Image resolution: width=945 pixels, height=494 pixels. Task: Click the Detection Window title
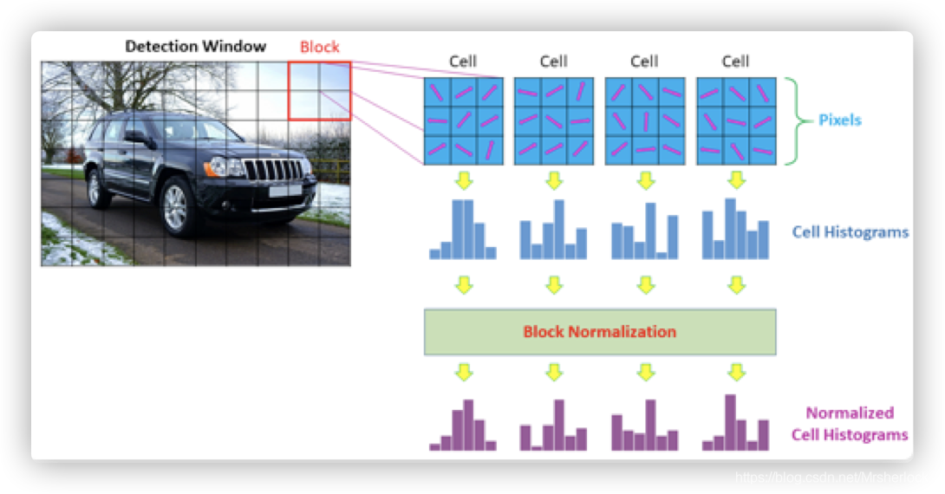coord(196,46)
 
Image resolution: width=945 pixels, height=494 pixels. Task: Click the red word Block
coord(320,47)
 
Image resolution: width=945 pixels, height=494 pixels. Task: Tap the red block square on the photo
coord(319,90)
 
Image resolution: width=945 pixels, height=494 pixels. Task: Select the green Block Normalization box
coord(599,332)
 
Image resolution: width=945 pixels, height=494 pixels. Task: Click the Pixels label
coord(840,120)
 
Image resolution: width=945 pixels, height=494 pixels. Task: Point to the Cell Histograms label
coord(850,232)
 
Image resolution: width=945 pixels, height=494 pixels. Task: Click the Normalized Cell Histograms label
coord(850,424)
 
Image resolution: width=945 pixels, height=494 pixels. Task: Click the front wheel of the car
coord(176,206)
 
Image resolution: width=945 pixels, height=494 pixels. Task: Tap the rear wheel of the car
coord(98,186)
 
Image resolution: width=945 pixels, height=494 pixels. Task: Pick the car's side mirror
coord(135,136)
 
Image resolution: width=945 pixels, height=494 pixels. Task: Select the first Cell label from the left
coord(463,62)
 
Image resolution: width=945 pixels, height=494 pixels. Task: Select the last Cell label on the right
coord(735,62)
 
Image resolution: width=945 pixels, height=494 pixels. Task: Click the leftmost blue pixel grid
coord(463,120)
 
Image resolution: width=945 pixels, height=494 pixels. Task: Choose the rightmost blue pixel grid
coord(735,120)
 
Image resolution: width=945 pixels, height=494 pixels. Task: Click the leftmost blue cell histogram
coord(463,231)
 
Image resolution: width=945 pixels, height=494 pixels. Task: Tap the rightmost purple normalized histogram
coord(735,424)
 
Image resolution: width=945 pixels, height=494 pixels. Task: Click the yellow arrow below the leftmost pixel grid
coord(464,181)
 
